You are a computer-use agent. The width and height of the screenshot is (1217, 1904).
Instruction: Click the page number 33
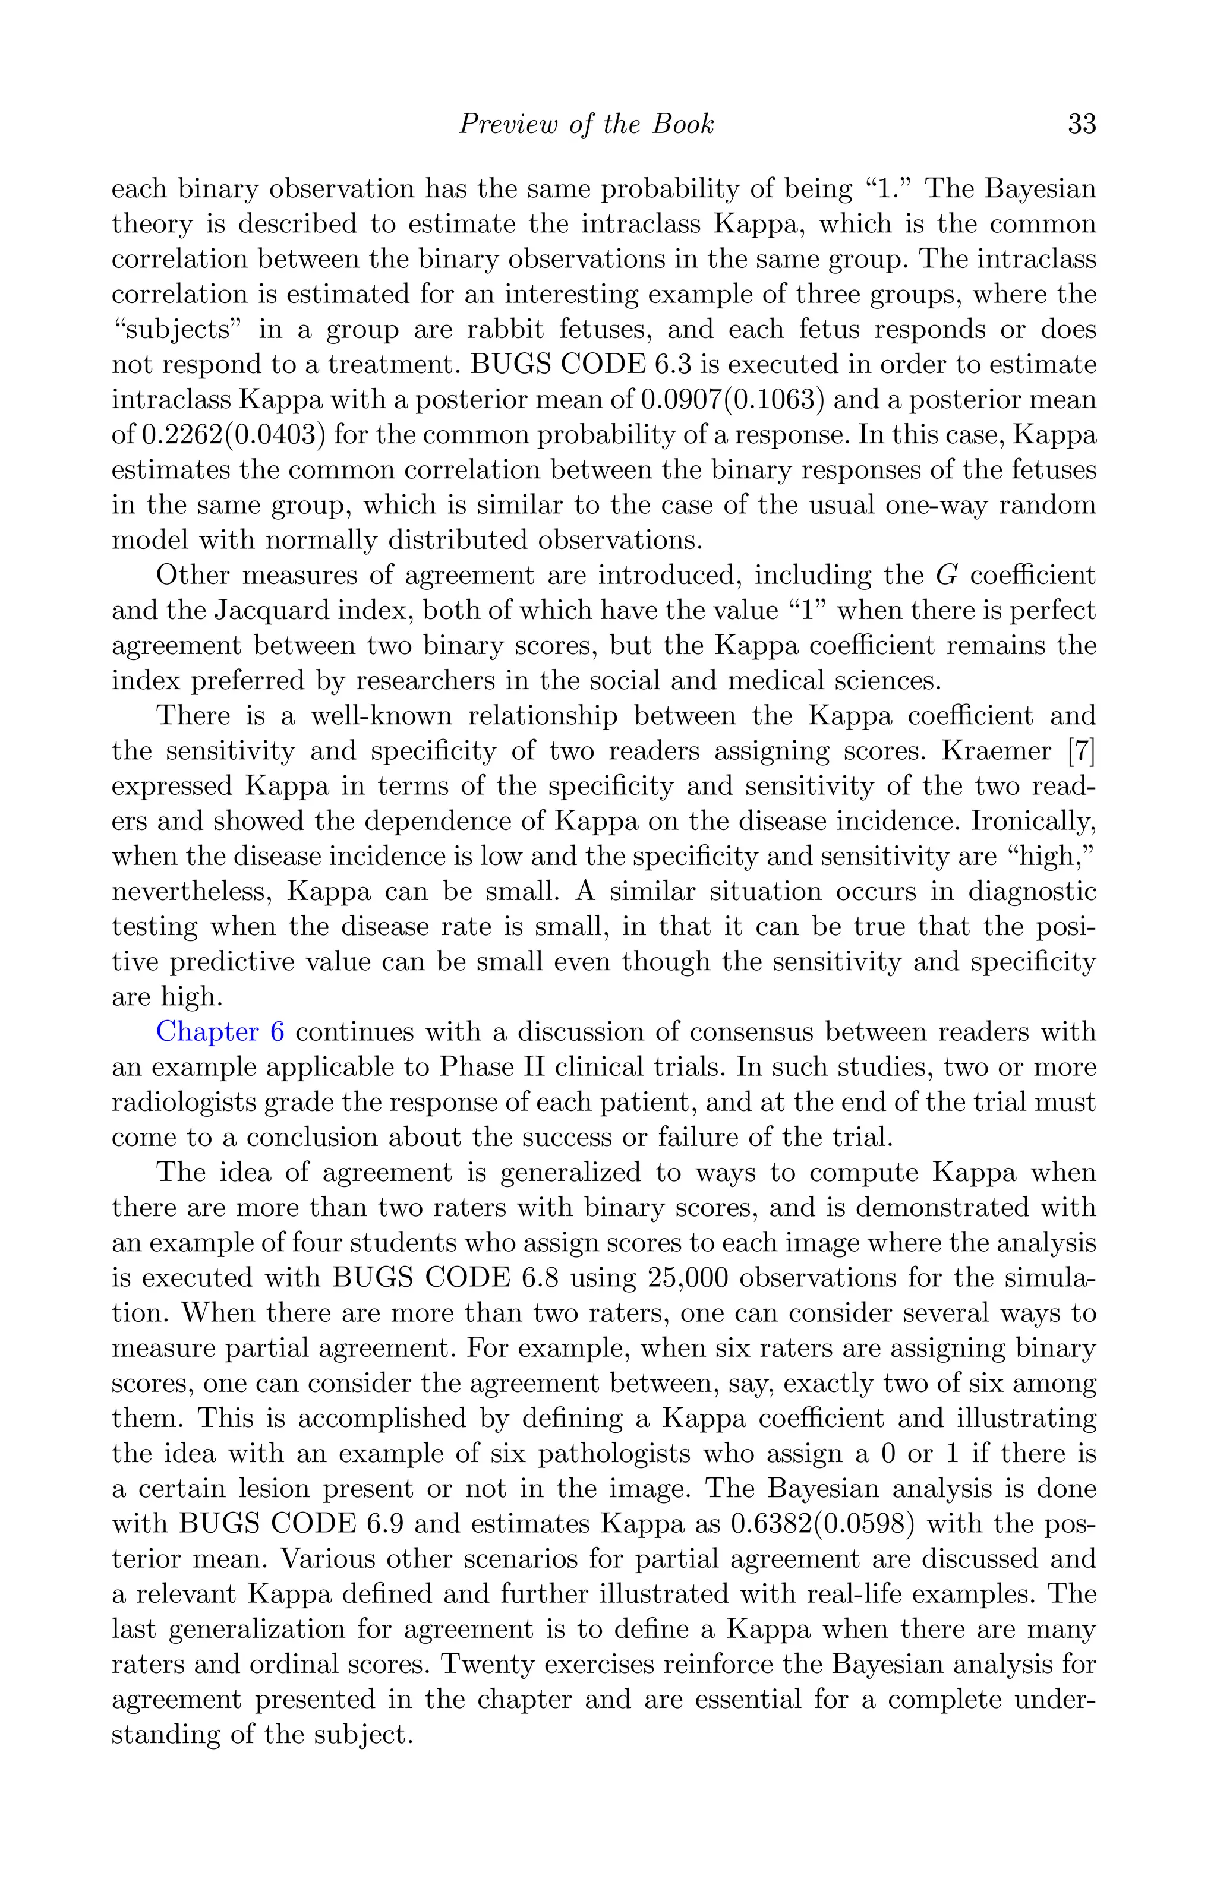(x=1081, y=124)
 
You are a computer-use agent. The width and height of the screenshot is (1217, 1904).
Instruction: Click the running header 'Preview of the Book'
(x=586, y=124)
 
